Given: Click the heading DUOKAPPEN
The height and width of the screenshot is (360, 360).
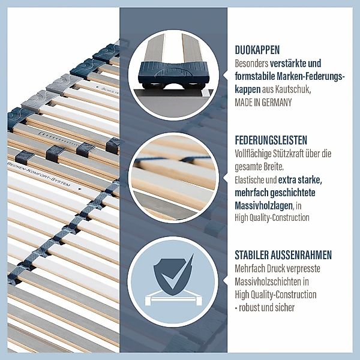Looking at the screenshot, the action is (x=257, y=50).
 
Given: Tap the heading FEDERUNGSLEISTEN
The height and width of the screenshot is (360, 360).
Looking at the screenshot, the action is (x=271, y=140).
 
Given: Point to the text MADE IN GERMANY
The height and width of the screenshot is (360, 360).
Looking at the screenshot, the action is (x=263, y=102).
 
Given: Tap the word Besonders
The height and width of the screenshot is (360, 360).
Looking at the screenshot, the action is (x=251, y=64).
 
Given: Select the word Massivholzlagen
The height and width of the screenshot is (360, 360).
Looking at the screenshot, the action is (x=264, y=206).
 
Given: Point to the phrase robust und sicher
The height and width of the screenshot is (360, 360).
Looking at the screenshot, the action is (x=266, y=307).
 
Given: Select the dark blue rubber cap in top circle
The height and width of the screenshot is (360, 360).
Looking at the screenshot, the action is (x=173, y=73).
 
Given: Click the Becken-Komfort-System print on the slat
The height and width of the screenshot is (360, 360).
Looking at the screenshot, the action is (x=38, y=173).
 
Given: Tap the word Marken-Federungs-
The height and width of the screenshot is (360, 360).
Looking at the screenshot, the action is (x=311, y=76).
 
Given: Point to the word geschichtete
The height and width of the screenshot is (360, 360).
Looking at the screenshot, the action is (x=293, y=193).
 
